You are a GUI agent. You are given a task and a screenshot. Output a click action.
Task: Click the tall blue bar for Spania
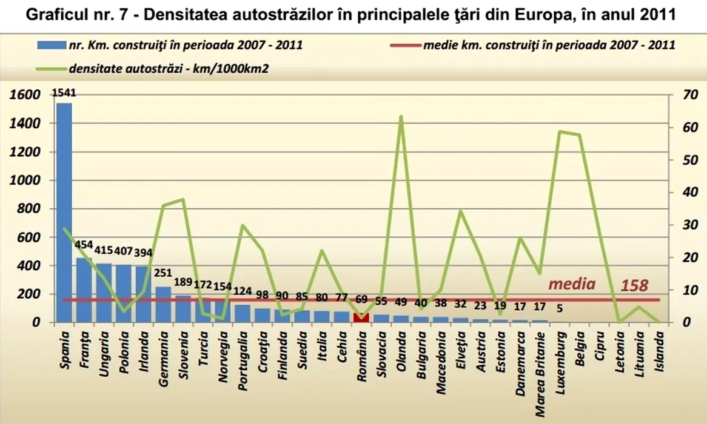point(64,212)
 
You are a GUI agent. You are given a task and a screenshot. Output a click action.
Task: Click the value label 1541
point(64,93)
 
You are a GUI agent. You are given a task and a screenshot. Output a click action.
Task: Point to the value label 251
point(164,273)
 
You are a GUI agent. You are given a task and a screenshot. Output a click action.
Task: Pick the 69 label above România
point(361,299)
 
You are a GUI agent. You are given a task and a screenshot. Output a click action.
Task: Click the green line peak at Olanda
point(401,116)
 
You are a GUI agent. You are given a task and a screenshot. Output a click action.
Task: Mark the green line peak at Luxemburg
point(560,131)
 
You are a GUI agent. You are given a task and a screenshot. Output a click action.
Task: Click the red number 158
point(635,285)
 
